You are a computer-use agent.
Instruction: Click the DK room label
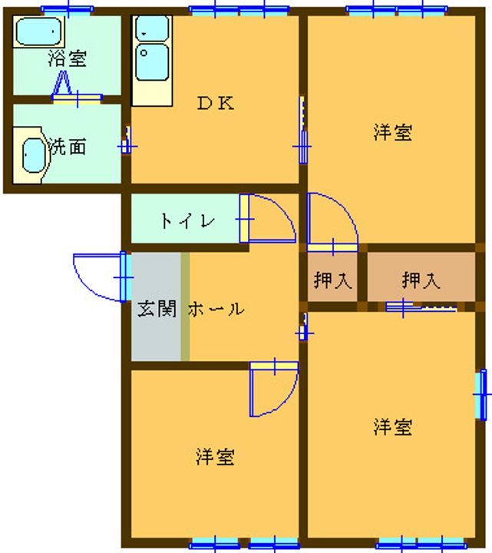216,103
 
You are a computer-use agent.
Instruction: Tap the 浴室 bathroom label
68,58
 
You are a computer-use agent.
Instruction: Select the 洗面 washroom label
67,147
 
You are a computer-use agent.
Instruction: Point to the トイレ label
187,220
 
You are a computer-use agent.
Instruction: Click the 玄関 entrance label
157,309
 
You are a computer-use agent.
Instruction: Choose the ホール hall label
216,309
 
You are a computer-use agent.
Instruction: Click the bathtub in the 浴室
39,31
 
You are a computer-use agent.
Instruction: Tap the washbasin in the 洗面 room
34,155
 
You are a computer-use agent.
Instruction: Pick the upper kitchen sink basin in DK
152,29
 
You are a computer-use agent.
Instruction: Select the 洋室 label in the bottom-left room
215,456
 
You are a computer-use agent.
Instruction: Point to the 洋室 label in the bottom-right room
393,426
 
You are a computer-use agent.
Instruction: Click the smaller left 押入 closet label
332,280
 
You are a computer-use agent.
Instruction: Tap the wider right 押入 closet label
421,280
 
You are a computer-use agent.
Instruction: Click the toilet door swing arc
272,218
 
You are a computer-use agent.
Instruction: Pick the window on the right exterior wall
481,394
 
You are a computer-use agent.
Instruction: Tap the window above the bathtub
68,10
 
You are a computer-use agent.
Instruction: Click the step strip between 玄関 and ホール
185,306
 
